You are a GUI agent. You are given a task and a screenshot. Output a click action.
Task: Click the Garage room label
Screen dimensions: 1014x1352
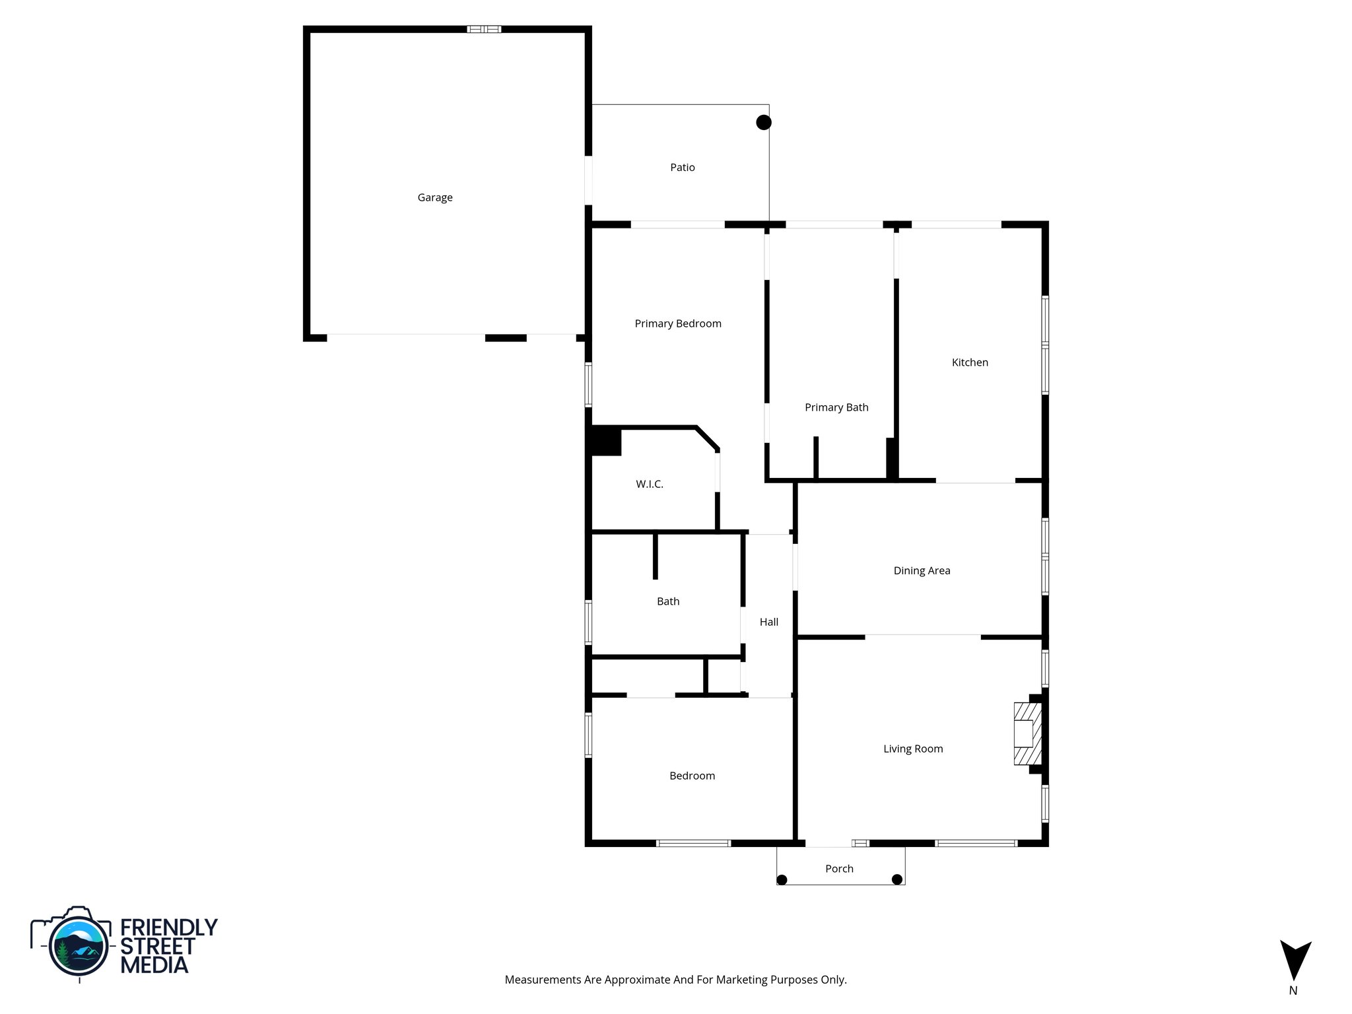[435, 197]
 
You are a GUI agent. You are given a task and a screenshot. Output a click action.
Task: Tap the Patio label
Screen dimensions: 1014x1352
[683, 168]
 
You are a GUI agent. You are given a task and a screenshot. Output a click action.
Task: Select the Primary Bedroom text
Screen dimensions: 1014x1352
[678, 323]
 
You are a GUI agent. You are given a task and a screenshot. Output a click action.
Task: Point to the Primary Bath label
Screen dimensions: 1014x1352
[836, 407]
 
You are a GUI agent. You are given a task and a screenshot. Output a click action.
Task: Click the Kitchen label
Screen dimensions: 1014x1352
[970, 362]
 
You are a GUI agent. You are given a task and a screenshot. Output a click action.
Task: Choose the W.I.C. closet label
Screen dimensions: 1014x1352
[650, 484]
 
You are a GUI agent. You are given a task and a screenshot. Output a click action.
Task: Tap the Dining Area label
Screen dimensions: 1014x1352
[922, 570]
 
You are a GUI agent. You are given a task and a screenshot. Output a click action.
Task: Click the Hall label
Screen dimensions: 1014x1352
[769, 622]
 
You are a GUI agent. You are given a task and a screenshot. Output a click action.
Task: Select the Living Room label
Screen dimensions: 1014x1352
[913, 749]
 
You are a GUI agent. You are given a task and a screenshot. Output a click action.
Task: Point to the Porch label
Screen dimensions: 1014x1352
[839, 869]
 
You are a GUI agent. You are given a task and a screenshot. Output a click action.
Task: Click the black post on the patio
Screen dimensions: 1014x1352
[764, 122]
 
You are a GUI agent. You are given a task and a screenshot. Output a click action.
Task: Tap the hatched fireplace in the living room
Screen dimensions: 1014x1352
[1027, 733]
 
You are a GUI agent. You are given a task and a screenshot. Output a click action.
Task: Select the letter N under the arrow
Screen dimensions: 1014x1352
[1293, 991]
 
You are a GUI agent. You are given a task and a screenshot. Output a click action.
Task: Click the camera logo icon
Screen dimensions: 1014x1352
[78, 943]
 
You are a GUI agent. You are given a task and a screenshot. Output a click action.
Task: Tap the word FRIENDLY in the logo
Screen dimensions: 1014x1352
[169, 928]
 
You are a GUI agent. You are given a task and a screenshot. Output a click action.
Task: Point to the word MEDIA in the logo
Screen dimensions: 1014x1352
[154, 965]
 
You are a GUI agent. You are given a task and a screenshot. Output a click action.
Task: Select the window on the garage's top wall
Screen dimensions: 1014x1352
[484, 29]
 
